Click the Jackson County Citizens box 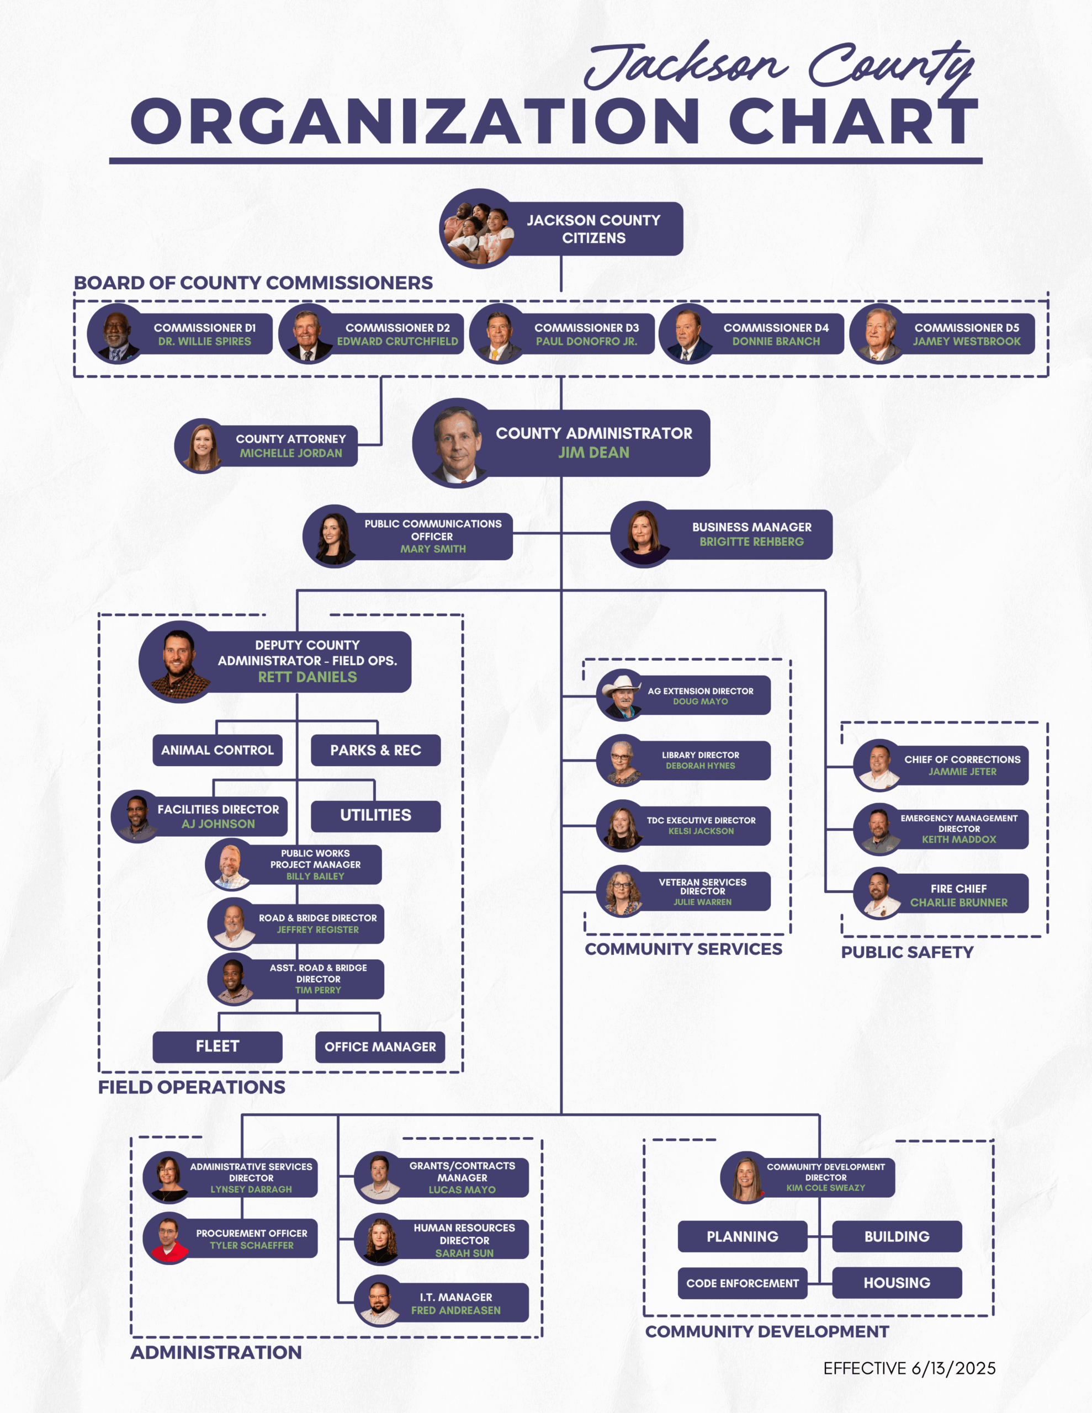tap(561, 229)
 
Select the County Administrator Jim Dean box tap(561, 443)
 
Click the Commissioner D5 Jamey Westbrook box tap(942, 334)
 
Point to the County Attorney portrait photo tap(203, 446)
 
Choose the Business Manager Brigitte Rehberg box tap(722, 534)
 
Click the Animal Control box tap(218, 751)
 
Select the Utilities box tap(376, 816)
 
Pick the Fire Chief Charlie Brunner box tap(941, 894)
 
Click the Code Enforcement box tap(743, 1283)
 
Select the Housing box tap(897, 1283)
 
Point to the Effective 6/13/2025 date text tap(909, 1368)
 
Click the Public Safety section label tap(907, 952)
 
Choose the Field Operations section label tap(192, 1087)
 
